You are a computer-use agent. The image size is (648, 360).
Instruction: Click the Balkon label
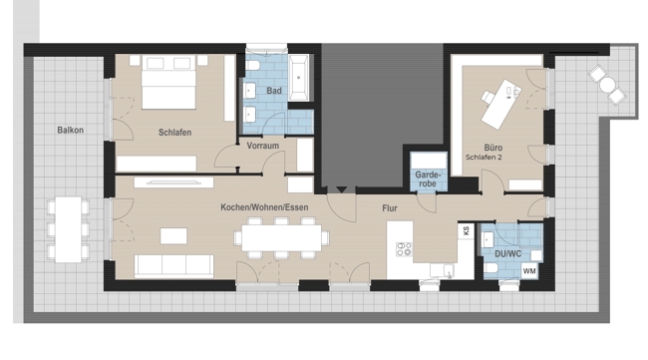(70, 131)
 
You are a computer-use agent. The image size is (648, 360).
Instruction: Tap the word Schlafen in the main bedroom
(174, 133)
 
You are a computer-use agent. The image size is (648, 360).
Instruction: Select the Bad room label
(274, 91)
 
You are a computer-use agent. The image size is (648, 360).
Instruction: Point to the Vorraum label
(263, 146)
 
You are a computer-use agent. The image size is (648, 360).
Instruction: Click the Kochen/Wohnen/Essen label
(264, 207)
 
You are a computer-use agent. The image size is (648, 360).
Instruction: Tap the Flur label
(389, 208)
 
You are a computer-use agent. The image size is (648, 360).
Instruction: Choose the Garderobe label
(428, 179)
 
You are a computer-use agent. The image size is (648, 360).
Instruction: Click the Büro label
(493, 148)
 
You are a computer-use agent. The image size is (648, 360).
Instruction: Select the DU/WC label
(507, 253)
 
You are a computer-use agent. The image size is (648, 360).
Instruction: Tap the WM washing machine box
(529, 271)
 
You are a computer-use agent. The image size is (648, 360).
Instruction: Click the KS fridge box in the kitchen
(467, 231)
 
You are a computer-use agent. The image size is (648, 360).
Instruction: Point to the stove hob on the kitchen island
(404, 249)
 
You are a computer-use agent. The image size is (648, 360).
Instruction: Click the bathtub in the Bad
(298, 78)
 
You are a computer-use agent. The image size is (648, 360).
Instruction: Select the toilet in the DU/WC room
(490, 268)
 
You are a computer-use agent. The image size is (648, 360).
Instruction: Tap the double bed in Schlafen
(168, 82)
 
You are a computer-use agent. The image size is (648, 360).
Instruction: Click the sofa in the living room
(174, 266)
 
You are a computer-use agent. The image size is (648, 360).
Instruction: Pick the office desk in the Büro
(501, 105)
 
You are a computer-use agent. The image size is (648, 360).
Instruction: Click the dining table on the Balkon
(68, 229)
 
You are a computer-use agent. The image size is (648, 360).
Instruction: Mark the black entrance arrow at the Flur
(341, 189)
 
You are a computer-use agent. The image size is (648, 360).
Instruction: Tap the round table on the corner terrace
(607, 85)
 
